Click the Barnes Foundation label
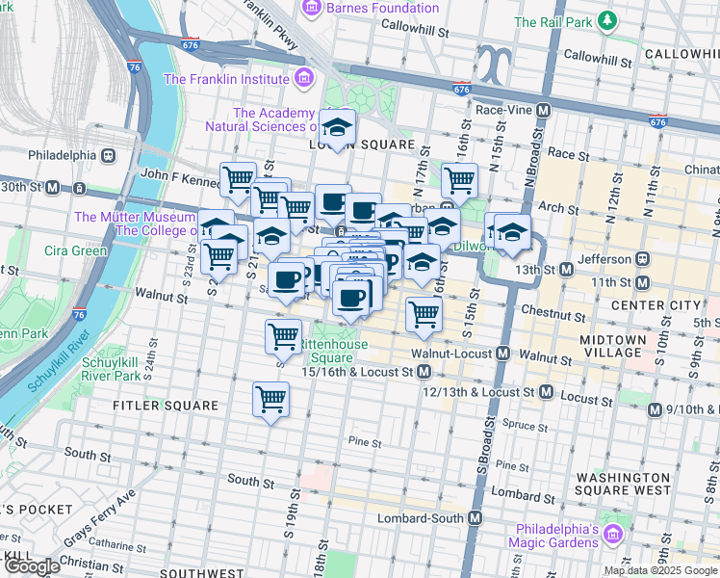tap(381, 10)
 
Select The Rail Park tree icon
tap(606, 20)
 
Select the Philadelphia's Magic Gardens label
tap(571, 538)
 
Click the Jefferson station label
tap(605, 259)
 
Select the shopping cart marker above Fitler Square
tap(271, 398)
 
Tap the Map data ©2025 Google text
tap(660, 570)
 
